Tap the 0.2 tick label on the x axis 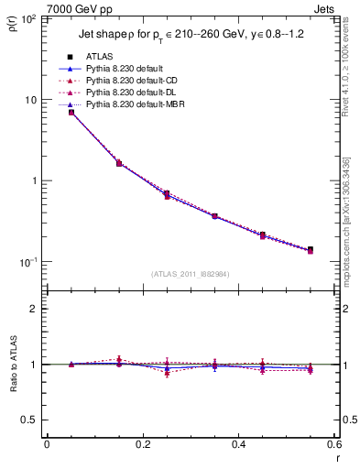coord(142,444)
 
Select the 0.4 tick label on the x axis coord(238,444)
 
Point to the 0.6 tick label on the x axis coord(333,444)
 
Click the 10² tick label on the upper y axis coord(29,19)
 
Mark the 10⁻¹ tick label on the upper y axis coord(28,262)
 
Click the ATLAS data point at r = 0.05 coord(71,113)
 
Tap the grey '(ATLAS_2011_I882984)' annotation coord(191,273)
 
